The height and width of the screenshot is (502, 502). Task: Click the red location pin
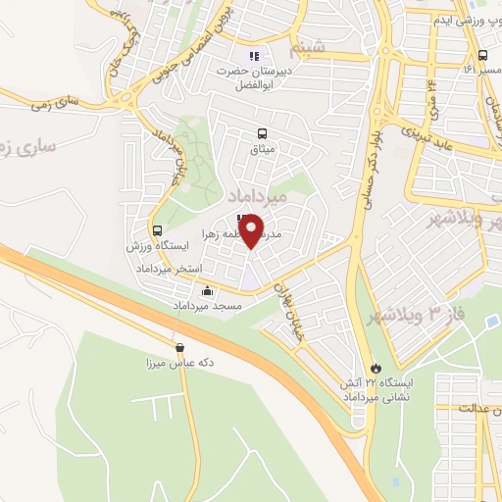coord(251,230)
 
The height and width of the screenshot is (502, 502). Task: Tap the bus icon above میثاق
coord(262,133)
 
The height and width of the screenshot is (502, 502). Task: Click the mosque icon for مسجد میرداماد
coord(207,291)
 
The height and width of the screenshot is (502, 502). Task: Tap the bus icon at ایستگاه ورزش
coord(157,228)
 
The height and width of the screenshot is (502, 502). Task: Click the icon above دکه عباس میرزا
coord(179,347)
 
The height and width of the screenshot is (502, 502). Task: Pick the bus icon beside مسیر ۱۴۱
coord(483,55)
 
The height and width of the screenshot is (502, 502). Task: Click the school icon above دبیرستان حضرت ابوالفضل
coord(255,56)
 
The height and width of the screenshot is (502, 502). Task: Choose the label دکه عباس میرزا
coord(179,364)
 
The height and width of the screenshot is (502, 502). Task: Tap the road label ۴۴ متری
coord(429,98)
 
